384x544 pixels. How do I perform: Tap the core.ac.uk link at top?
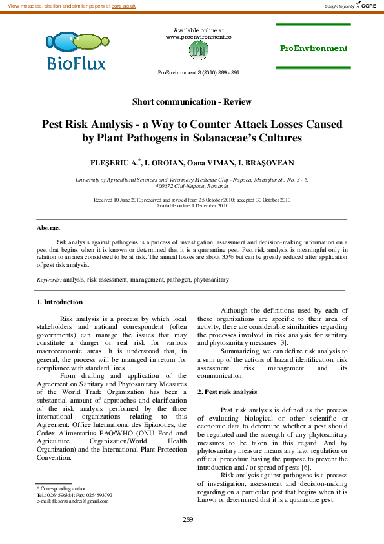click(x=123, y=6)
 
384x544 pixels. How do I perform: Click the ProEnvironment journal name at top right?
click(x=313, y=48)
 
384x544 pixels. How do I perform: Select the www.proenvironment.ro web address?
click(x=198, y=37)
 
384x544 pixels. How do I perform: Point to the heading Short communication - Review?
click(x=192, y=101)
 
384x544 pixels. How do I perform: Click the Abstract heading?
click(x=48, y=228)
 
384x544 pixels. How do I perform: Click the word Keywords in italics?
click(x=49, y=280)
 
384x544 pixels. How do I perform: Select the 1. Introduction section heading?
click(x=59, y=302)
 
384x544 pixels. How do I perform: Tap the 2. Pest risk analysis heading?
click(x=227, y=392)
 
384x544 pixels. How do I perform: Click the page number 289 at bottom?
click(x=188, y=520)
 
